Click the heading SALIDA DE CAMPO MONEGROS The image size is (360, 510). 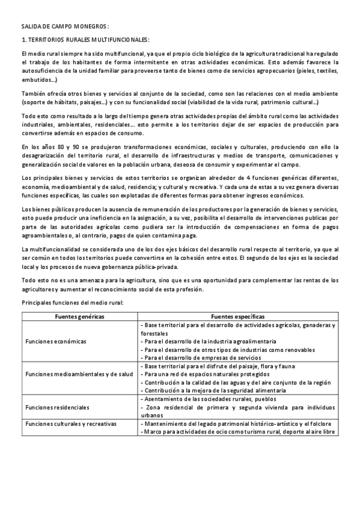point(65,27)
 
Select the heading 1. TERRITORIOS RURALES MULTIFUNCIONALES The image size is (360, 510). point(85,40)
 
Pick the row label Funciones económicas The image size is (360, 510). point(56,341)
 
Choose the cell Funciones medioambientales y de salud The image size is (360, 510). point(79,374)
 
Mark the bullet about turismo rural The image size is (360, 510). point(237,432)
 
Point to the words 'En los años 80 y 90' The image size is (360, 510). point(50,147)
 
